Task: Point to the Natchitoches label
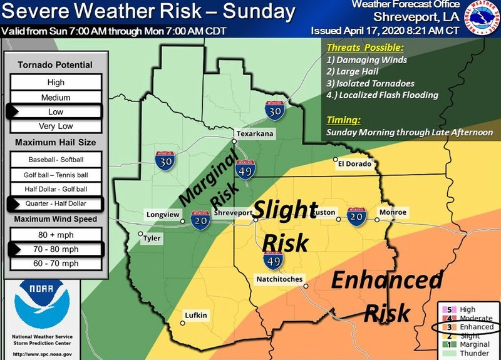279,279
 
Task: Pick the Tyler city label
152,239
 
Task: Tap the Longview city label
163,214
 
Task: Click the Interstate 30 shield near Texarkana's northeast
274,111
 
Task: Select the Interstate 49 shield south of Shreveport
273,259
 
